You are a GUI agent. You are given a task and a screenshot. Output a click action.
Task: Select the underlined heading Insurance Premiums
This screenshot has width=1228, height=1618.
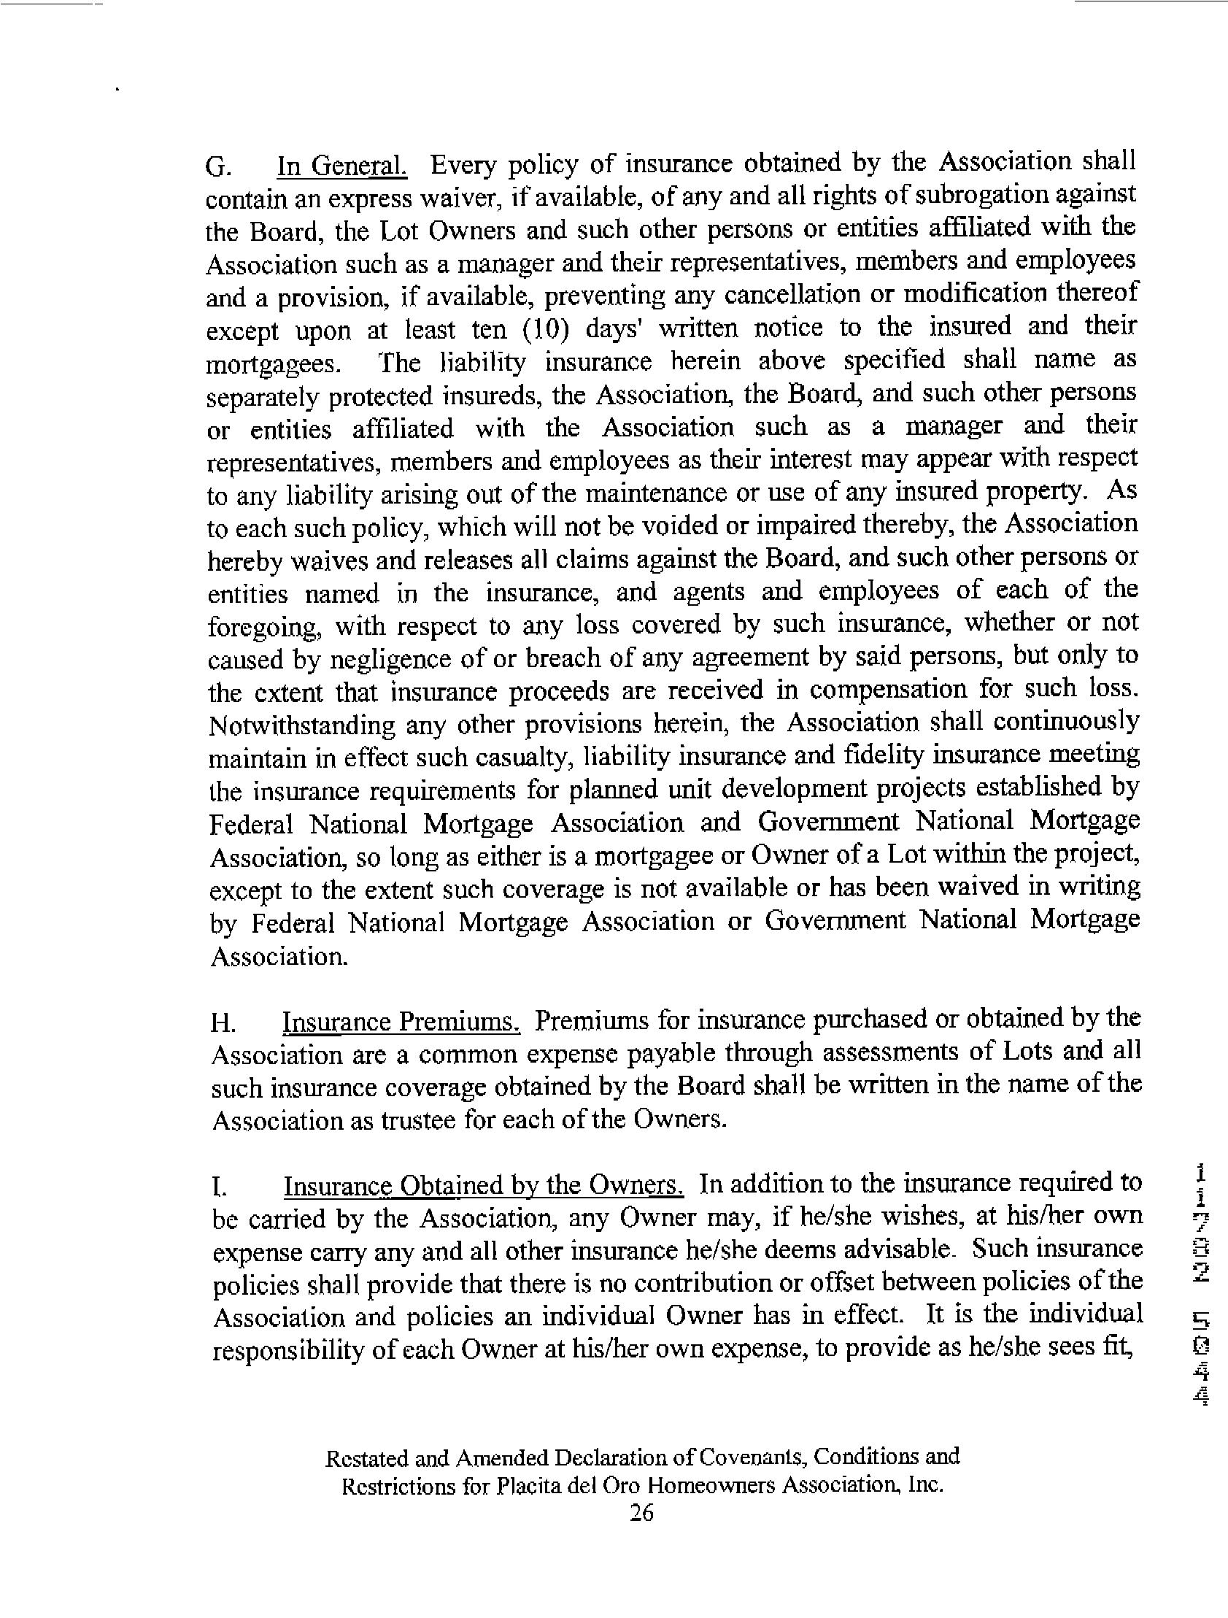point(401,1021)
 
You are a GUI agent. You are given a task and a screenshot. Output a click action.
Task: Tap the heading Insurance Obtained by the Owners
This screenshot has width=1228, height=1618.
point(484,1186)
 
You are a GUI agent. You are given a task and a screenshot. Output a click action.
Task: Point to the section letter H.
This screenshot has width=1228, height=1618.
point(223,1023)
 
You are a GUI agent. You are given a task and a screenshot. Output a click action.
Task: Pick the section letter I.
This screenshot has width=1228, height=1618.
point(217,1187)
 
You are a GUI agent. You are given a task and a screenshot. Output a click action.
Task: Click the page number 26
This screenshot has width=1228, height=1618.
point(641,1512)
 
